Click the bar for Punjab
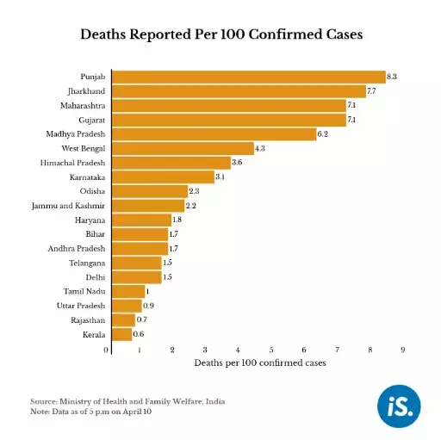coord(249,77)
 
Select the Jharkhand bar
coord(239,91)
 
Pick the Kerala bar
coord(122,333)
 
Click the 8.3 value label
coord(392,77)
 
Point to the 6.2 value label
coord(323,134)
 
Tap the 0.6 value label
coord(139,333)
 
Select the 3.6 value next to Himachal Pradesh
coord(237,163)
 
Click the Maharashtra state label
coord(83,105)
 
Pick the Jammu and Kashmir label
coord(69,206)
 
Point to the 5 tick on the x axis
coord(271,350)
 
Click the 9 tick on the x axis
coord(402,350)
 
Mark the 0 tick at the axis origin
coord(107,350)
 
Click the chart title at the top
coord(220,35)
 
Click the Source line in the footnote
coord(123,401)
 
